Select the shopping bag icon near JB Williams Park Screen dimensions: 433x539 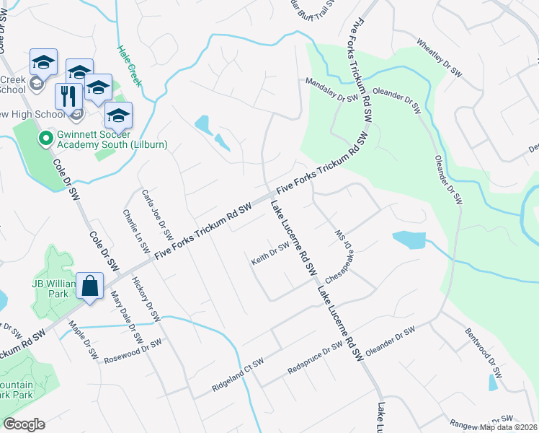tap(92, 287)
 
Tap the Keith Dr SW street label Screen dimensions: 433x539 tap(270, 253)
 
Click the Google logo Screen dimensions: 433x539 tap(24, 424)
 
